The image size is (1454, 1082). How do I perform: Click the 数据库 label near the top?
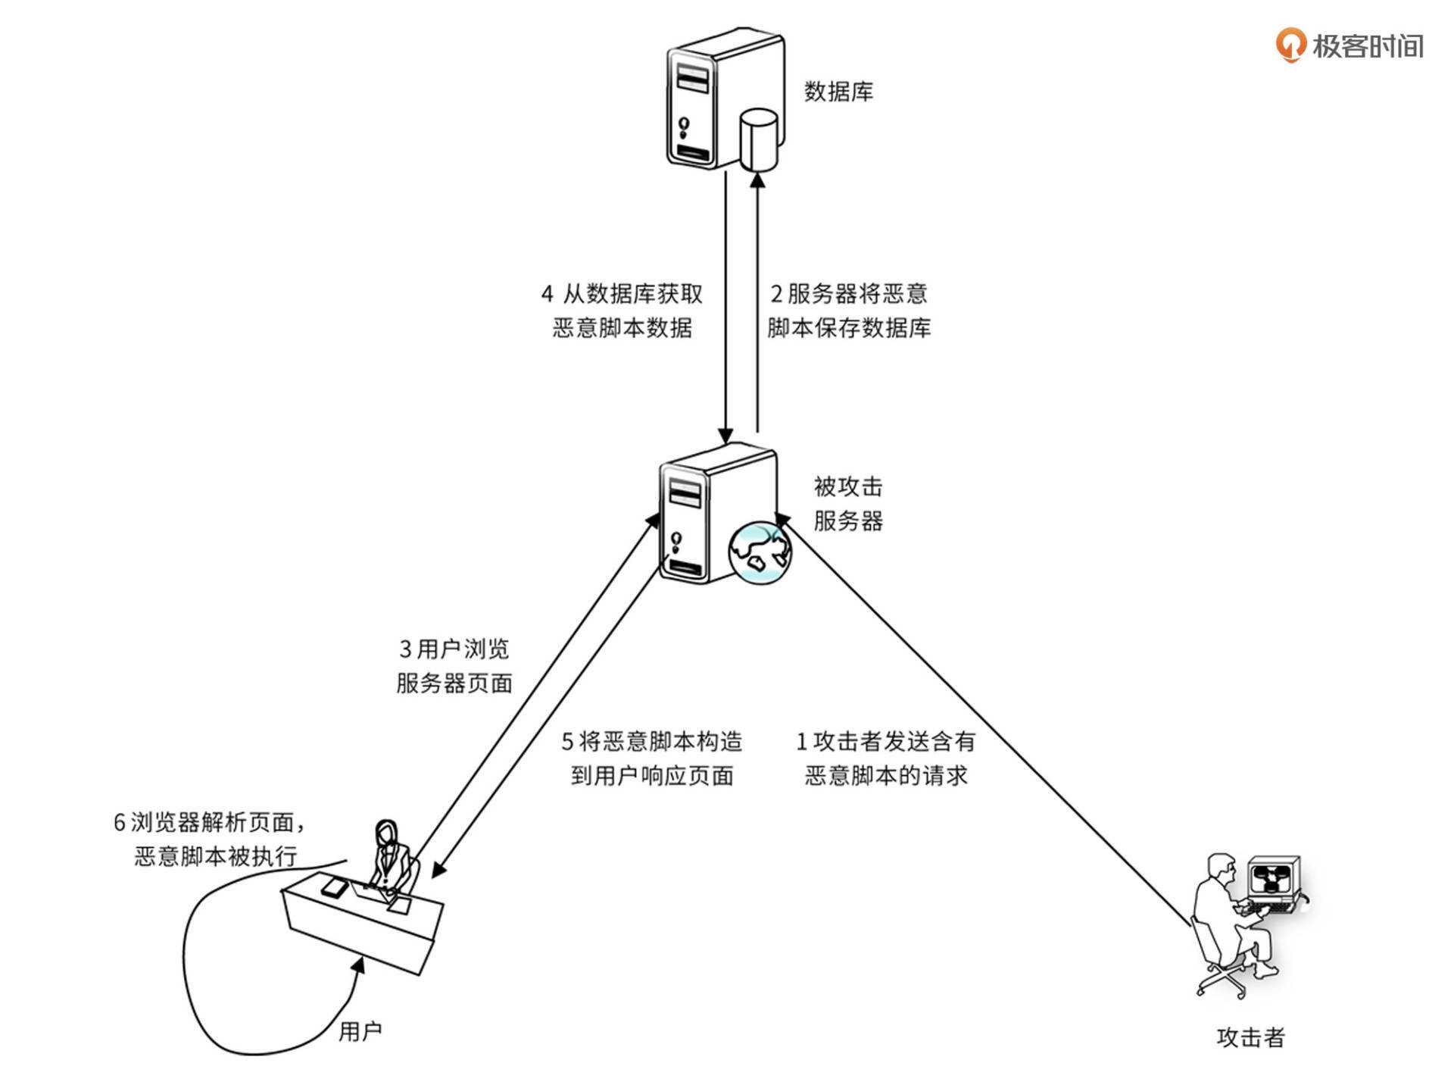pos(838,92)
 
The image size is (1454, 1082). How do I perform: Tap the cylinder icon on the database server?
pos(758,139)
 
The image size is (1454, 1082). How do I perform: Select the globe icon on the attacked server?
pos(760,552)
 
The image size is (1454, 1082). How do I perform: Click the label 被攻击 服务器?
pos(848,504)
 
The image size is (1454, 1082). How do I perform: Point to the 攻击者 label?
pos(1250,1037)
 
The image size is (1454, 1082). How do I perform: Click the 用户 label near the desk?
pos(360,1031)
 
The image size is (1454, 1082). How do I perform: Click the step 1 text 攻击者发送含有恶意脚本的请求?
pos(885,758)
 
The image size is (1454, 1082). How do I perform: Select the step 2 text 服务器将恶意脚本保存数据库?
pos(848,311)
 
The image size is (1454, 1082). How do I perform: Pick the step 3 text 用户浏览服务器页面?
pos(454,666)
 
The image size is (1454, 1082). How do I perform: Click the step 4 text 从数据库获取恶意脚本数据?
pos(622,311)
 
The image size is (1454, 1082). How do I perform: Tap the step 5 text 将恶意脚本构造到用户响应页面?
pos(651,758)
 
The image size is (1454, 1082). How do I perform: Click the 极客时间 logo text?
pos(1367,46)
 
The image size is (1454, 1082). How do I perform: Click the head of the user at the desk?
pos(386,834)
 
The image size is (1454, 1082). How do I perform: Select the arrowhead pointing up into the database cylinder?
pos(757,180)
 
